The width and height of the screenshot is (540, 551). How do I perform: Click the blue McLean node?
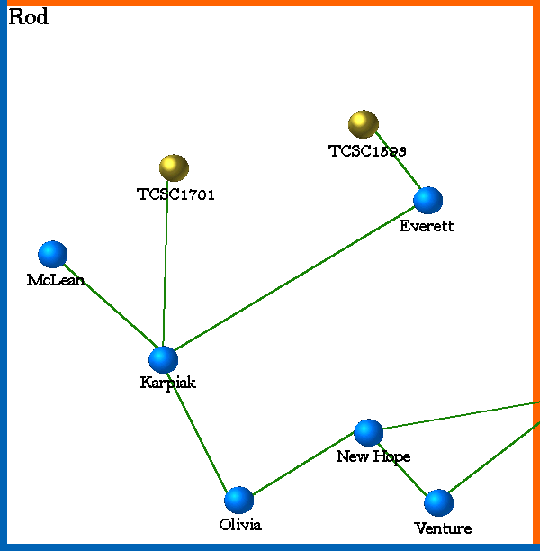pos(53,255)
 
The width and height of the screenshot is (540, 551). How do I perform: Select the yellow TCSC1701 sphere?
pos(174,167)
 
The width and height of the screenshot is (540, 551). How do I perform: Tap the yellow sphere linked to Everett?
pos(363,123)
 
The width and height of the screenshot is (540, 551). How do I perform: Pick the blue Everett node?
pos(427,201)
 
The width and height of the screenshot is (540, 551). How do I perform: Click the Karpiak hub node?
pos(163,359)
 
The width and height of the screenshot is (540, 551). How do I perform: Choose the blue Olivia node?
pos(238,500)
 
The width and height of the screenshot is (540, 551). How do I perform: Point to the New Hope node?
pos(368,433)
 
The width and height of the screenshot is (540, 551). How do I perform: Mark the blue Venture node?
pos(438,503)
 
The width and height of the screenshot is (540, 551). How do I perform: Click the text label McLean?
pos(55,280)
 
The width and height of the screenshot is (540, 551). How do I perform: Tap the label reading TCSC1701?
pos(175,194)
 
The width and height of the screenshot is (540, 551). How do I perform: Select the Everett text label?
pos(427,226)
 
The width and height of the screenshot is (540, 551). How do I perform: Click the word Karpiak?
pos(167,383)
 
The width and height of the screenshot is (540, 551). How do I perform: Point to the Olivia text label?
pos(240,525)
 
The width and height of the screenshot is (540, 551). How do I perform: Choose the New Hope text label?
pos(373,456)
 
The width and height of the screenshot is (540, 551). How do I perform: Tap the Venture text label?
pos(443,528)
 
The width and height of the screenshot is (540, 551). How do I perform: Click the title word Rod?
pos(28,17)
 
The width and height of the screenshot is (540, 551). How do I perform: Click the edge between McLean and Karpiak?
pos(108,307)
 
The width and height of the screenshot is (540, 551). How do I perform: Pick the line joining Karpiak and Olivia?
pos(201,429)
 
